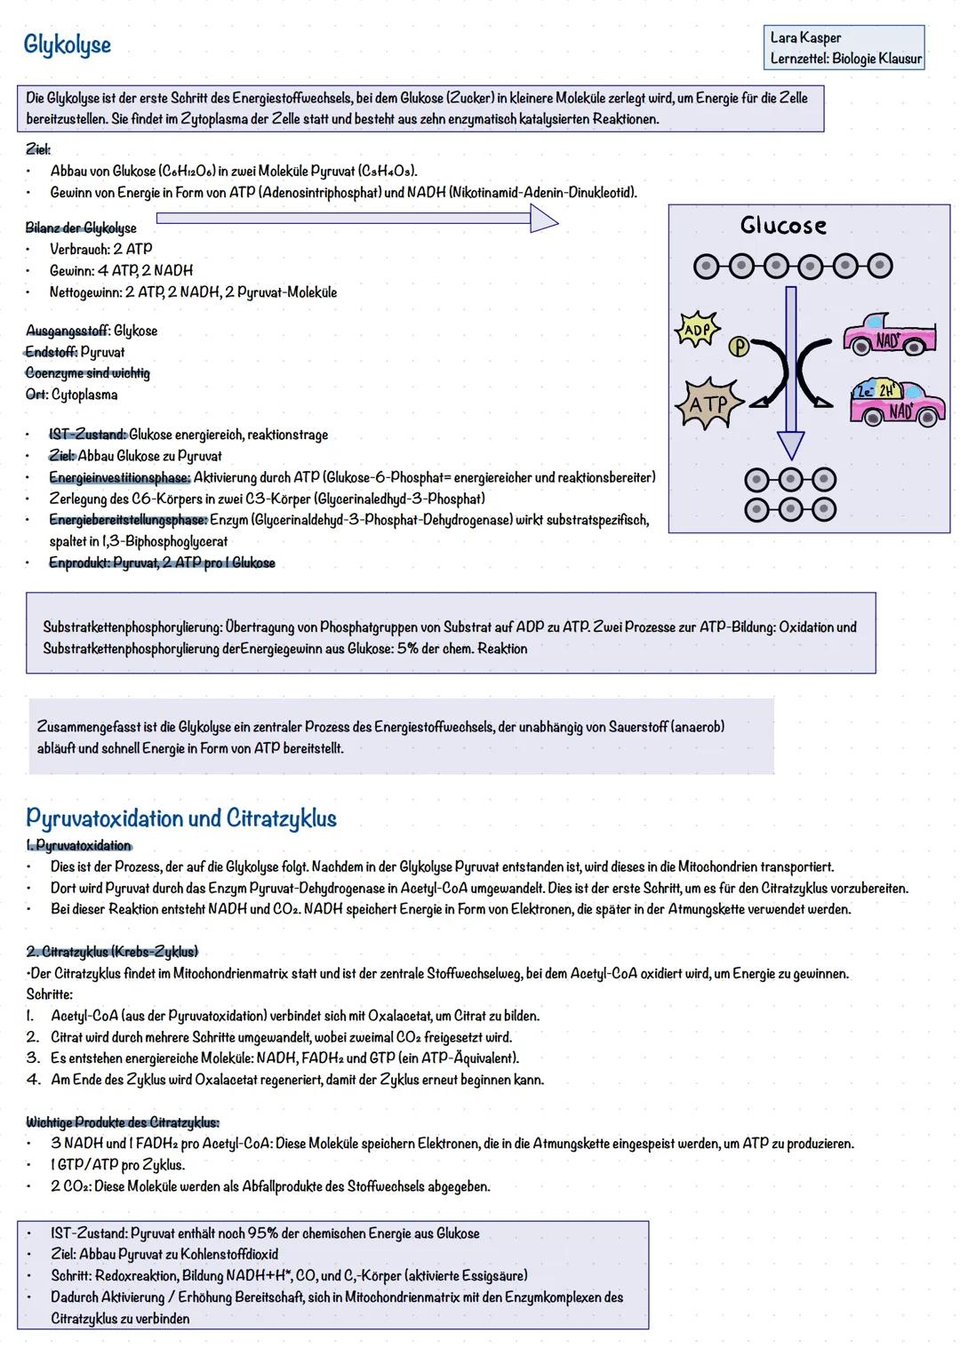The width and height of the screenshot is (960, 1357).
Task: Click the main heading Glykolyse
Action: point(68,44)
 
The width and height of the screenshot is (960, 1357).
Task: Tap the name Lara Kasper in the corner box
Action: point(805,37)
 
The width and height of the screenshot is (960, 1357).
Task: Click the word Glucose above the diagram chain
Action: point(783,226)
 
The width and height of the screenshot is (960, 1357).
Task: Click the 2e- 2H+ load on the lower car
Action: point(876,391)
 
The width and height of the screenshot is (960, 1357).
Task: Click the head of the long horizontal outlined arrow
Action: point(543,219)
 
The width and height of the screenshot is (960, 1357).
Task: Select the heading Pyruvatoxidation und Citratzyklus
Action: point(181,817)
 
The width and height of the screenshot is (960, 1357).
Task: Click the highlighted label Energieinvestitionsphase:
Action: point(119,477)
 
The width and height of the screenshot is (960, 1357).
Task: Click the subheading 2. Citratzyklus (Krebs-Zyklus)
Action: point(112,952)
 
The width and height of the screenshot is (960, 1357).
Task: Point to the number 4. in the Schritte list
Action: point(33,1080)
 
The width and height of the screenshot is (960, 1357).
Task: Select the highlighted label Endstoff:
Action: point(51,352)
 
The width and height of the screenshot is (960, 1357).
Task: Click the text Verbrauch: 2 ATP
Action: point(100,249)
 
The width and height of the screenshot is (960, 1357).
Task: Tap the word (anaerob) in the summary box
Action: point(698,726)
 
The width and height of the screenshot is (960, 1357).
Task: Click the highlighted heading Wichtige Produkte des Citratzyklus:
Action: point(123,1122)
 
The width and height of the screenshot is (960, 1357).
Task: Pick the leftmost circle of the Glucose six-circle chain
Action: point(707,265)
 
